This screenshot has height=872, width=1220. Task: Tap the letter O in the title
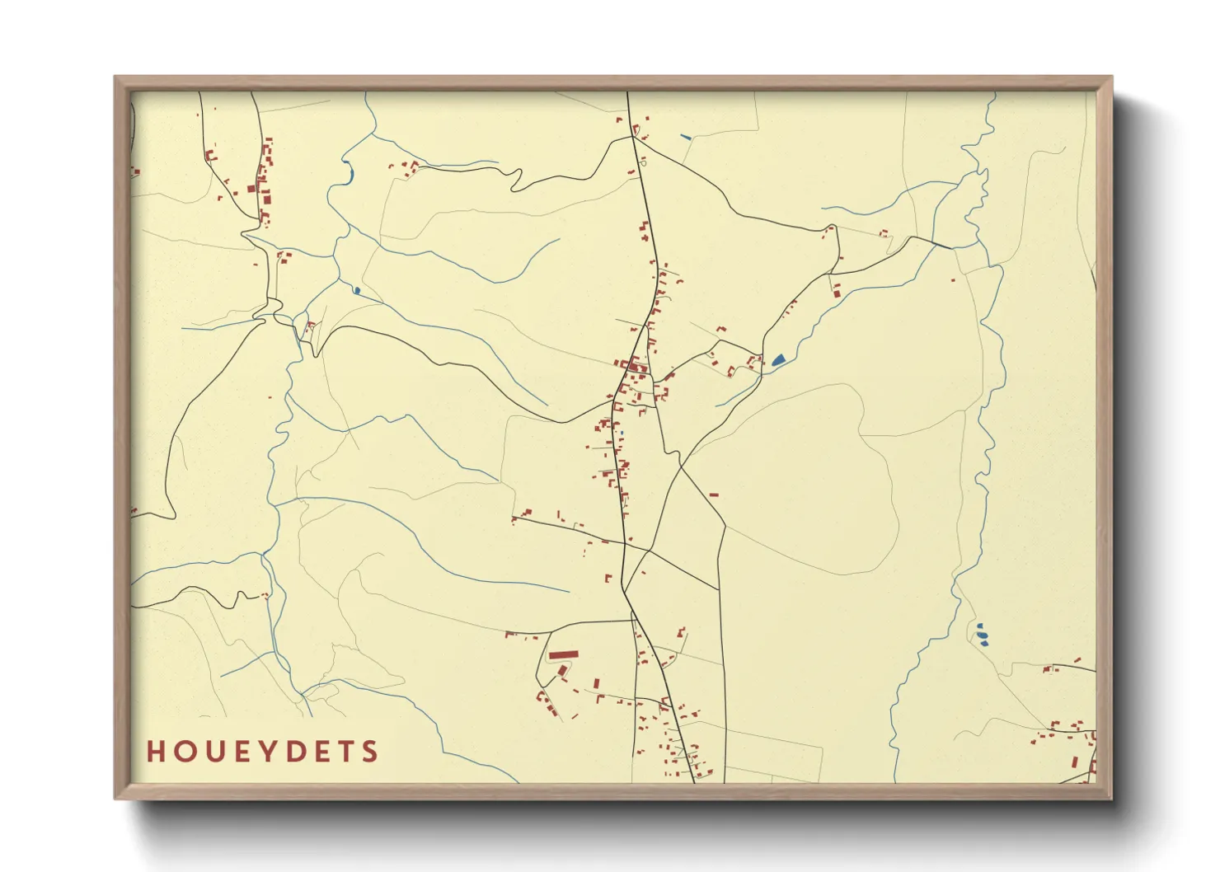point(185,752)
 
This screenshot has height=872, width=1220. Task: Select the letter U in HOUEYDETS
point(214,752)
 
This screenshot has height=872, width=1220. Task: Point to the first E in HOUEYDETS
point(242,752)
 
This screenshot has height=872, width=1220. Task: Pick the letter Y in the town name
point(269,752)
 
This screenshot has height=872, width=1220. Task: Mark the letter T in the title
point(347,752)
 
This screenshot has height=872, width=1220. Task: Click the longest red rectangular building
point(564,655)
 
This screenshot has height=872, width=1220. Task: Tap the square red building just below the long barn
point(564,671)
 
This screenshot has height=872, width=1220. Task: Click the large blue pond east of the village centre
point(778,359)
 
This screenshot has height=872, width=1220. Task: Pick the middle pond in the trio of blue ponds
point(981,634)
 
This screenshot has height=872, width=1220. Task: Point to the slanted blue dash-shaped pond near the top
point(685,137)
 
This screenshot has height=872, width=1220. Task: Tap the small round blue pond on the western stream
point(356,290)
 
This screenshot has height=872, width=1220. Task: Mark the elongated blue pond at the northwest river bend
point(350,174)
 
